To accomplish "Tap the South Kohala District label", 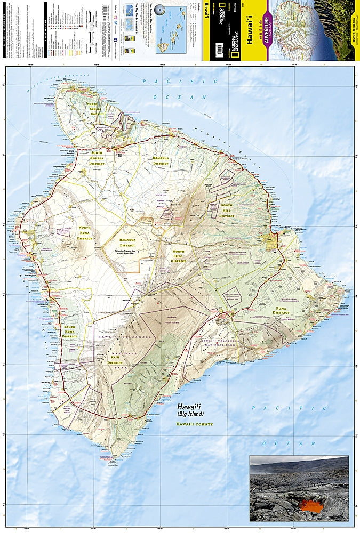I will [97, 158].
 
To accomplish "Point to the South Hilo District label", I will [227, 210].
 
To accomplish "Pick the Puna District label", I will [281, 310].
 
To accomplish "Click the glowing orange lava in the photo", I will [309, 504].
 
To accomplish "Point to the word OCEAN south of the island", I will [290, 443].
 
